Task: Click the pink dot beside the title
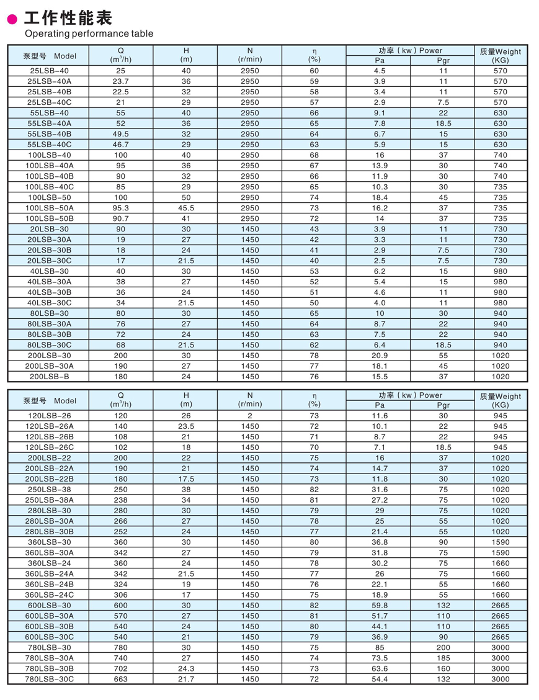(12, 19)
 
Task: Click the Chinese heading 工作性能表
(68, 17)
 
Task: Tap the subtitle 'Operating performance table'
(89, 34)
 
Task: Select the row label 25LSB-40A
(50, 81)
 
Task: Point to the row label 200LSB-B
(50, 377)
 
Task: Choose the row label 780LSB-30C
(50, 680)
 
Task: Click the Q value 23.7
(121, 81)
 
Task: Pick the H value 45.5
(186, 208)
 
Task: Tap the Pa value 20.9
(380, 356)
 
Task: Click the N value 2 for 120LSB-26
(250, 416)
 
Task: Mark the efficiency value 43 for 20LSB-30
(314, 229)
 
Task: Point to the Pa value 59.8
(380, 606)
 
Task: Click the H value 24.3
(186, 669)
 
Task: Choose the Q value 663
(121, 680)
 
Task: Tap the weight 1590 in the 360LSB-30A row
(500, 553)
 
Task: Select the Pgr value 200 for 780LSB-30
(443, 648)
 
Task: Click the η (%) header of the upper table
(314, 55)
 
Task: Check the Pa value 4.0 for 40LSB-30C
(380, 303)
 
